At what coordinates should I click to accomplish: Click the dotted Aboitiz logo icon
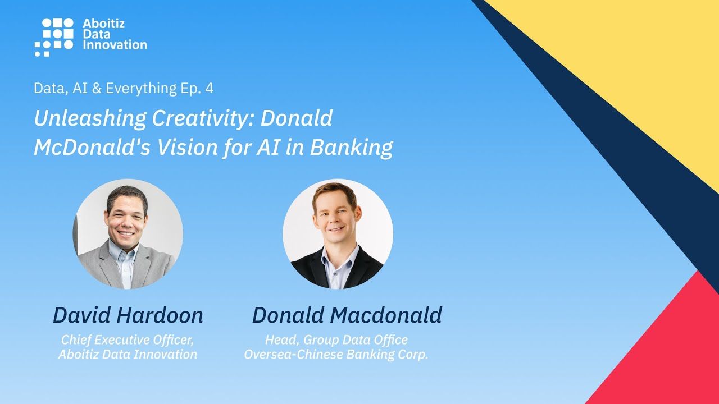pos(54,37)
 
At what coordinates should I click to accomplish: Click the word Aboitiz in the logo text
pos(103,24)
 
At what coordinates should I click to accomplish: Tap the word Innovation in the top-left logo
pos(115,44)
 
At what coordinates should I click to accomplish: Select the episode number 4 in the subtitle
pos(210,88)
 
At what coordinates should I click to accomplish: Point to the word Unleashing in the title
pos(90,118)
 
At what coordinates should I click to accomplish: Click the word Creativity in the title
pos(203,118)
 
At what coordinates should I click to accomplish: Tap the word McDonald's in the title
pos(92,147)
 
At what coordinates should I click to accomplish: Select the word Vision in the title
pos(187,147)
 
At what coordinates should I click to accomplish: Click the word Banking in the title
pos(351,148)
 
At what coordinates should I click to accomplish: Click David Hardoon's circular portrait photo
pos(128,234)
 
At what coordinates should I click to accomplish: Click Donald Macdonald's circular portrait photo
pos(338,234)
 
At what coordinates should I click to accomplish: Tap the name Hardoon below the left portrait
pos(160,315)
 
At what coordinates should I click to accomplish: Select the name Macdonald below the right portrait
pos(386,315)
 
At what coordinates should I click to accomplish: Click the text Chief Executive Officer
pos(128,340)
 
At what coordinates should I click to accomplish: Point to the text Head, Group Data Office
pos(336,340)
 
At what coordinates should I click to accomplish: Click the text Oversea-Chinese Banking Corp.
pos(336,355)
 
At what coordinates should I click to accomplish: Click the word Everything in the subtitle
pos(141,89)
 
